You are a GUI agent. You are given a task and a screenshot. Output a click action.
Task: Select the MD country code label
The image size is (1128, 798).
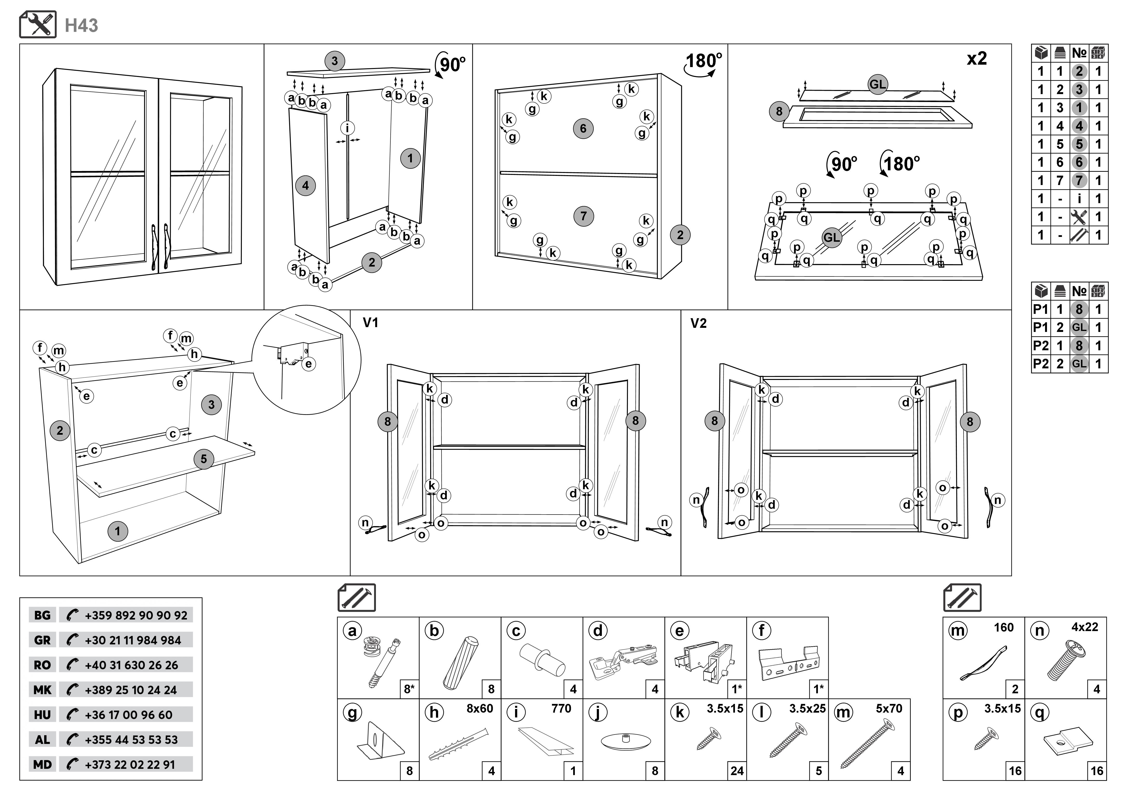(42, 764)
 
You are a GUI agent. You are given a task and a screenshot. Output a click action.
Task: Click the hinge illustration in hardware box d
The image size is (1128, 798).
(623, 661)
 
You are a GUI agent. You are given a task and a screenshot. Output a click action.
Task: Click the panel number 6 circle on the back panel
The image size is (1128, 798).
(583, 129)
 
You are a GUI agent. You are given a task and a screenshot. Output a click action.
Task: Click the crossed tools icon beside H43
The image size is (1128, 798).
(38, 25)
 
